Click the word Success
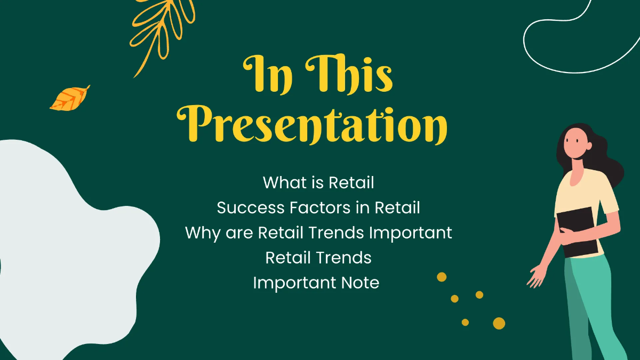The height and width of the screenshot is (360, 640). (247, 207)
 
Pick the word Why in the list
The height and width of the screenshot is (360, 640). (201, 233)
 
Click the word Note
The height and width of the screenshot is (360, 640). (361, 283)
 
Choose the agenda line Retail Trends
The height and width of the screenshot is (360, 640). (318, 258)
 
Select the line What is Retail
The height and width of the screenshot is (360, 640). (318, 182)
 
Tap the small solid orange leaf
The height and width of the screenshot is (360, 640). (69, 99)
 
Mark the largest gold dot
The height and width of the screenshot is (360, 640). (499, 323)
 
